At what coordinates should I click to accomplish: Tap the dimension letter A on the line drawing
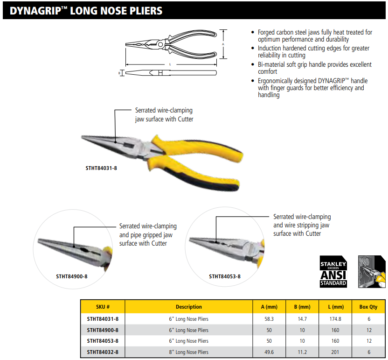(223, 44)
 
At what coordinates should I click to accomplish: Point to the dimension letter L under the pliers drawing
(170, 64)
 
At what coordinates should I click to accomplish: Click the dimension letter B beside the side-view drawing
(119, 73)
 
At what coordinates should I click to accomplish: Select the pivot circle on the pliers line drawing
(160, 45)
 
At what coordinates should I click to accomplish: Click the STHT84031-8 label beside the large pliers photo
(101, 168)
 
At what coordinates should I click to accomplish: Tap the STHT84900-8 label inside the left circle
(72, 276)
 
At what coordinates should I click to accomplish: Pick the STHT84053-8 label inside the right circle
(225, 276)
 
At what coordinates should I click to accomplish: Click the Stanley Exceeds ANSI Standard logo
(333, 272)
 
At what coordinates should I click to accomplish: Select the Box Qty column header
(368, 307)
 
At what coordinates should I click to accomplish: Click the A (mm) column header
(269, 307)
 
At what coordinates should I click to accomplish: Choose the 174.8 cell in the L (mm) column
(335, 319)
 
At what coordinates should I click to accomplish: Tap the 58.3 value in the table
(269, 319)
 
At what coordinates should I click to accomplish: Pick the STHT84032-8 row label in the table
(103, 352)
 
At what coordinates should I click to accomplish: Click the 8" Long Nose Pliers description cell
(188, 352)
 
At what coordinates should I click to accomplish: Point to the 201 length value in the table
(335, 352)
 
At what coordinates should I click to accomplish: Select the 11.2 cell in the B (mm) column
(302, 352)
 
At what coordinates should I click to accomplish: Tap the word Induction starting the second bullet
(270, 48)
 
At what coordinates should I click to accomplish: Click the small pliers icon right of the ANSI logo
(372, 272)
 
